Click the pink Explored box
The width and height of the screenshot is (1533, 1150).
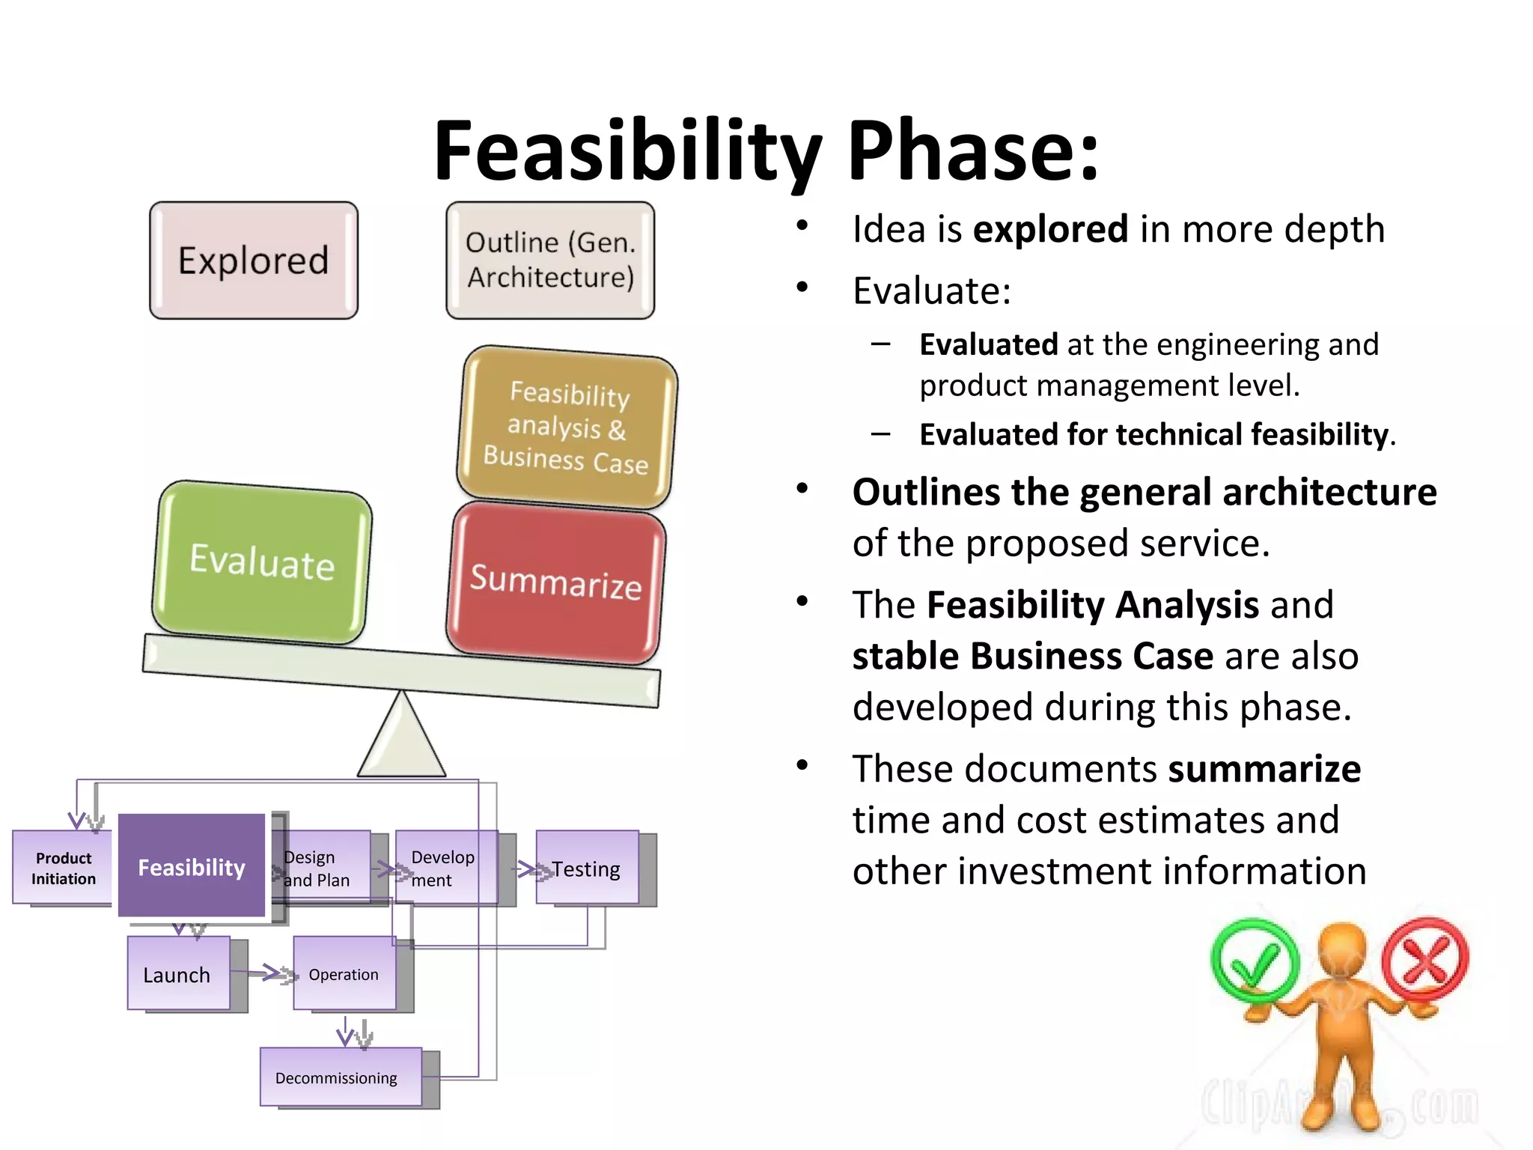[x=253, y=260]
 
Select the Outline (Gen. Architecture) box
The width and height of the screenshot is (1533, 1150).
[x=550, y=260]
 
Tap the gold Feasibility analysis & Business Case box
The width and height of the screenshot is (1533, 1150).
[x=567, y=428]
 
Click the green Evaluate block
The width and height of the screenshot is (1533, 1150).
[x=261, y=562]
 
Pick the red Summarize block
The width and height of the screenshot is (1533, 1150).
[x=555, y=582]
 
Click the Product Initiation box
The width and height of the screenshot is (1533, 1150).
[x=63, y=868]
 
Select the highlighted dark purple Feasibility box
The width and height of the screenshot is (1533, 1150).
[x=192, y=866]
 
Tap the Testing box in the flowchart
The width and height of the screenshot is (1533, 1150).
[x=587, y=868]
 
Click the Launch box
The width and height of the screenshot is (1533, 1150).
[x=177, y=974]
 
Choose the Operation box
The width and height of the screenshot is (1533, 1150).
[x=344, y=974]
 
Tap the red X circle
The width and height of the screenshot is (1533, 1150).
[x=1425, y=959]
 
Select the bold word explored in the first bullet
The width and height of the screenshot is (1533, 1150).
[x=1050, y=229]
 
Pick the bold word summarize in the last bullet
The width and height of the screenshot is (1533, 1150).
[x=1264, y=769]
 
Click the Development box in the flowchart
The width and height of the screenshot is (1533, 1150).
[x=445, y=868]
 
